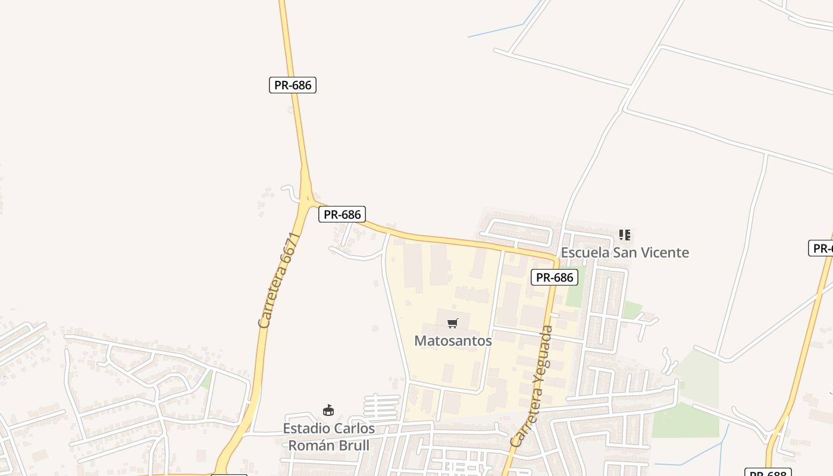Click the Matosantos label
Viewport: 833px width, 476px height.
pos(453,341)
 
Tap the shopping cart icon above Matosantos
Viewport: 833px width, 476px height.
pos(453,324)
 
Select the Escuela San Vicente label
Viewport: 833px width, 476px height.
pos(625,252)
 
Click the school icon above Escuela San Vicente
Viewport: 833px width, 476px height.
pos(624,235)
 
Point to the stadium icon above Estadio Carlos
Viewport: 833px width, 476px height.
pos(328,410)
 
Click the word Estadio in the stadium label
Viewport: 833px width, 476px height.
pos(305,428)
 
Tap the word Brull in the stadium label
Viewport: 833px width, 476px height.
pos(353,445)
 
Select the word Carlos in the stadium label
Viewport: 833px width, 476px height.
pos(353,428)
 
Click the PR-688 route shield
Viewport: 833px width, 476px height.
pos(768,473)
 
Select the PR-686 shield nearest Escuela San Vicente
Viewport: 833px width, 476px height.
pos(555,277)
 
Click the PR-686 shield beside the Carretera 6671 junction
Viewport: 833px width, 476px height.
pos(342,214)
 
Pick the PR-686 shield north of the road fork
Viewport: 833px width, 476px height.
pos(293,85)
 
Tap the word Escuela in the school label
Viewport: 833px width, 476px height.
pos(585,252)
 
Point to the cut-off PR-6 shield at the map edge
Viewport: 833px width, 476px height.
pos(821,248)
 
